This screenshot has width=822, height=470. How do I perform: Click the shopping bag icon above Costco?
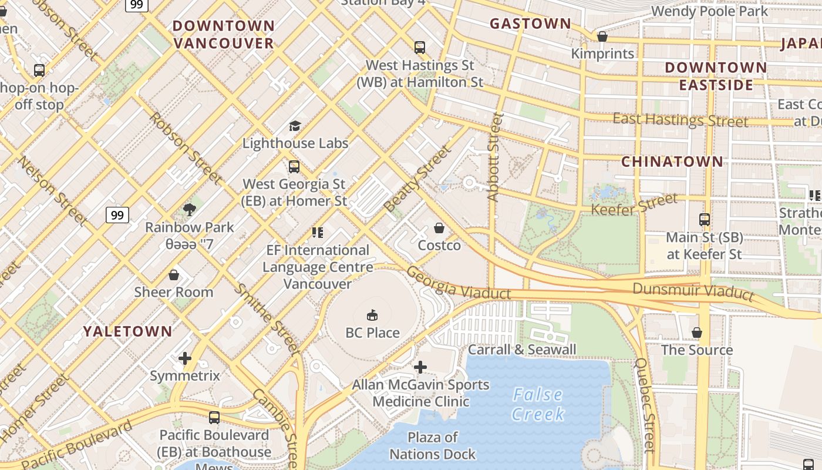(439, 228)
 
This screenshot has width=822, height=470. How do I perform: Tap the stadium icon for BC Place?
(372, 315)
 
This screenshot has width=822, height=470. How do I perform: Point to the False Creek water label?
(537, 404)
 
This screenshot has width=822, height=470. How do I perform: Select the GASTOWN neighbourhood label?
(530, 24)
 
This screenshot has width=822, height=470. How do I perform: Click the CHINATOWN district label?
(672, 162)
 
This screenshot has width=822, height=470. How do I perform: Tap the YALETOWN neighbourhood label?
(127, 331)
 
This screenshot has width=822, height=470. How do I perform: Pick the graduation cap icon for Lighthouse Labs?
(295, 126)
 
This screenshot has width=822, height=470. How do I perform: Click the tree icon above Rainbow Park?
(189, 209)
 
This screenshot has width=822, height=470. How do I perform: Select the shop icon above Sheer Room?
(174, 275)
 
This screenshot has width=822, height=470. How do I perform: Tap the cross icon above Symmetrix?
(185, 358)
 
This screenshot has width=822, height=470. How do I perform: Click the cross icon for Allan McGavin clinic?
(420, 368)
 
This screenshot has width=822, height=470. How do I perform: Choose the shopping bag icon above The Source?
(697, 333)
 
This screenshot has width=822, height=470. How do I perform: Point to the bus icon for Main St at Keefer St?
(705, 220)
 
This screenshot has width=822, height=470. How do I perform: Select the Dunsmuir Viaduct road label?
(693, 291)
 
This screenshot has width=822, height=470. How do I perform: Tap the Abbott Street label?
(496, 157)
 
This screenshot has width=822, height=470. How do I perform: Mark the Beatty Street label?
(419, 178)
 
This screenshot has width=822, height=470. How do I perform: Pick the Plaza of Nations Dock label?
(432, 446)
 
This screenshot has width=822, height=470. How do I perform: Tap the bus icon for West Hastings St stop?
(419, 48)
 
